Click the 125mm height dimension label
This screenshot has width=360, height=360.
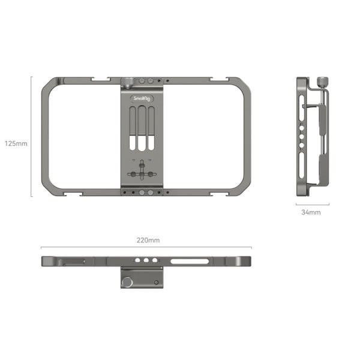click(16, 143)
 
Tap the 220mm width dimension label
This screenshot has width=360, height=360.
click(148, 240)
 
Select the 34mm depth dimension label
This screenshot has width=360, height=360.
click(312, 212)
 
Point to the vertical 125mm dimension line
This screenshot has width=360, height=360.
click(31, 136)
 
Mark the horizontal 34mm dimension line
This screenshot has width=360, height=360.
click(312, 205)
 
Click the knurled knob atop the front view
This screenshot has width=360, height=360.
click(128, 82)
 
